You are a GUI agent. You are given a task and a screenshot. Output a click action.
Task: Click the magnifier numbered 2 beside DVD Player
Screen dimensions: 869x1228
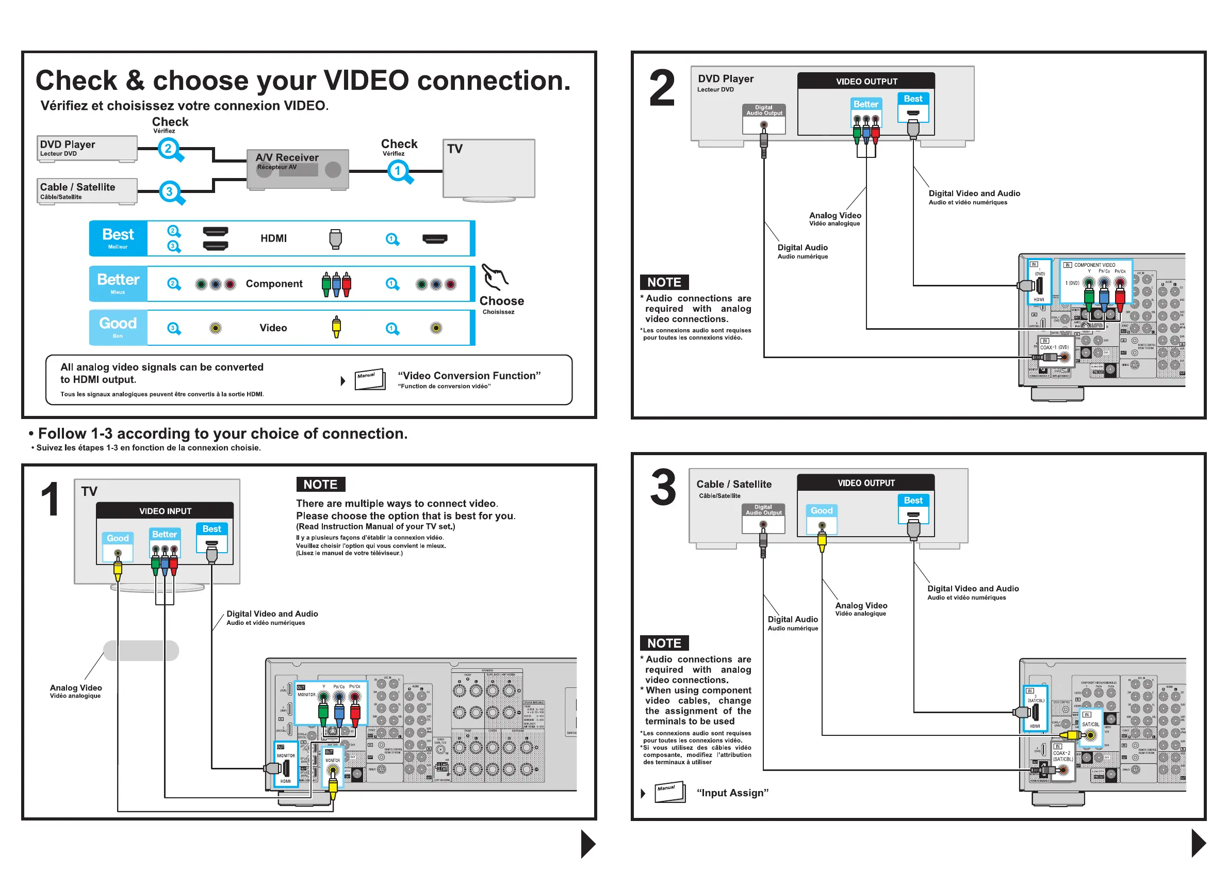coord(169,149)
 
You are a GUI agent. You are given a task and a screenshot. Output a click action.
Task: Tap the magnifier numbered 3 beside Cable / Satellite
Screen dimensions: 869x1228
coord(170,192)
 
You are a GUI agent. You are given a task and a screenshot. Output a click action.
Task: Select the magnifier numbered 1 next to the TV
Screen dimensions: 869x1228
coord(399,171)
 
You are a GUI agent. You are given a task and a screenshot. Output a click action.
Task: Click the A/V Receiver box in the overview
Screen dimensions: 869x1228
coord(298,169)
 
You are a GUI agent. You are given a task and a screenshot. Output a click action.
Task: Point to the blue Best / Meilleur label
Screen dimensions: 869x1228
coord(118,238)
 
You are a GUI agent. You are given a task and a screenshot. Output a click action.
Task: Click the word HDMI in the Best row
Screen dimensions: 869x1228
coord(273,238)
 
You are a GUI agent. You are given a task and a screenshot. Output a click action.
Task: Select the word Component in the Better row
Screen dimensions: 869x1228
coord(274,284)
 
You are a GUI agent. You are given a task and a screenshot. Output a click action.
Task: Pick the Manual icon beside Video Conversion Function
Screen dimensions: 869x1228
coord(370,379)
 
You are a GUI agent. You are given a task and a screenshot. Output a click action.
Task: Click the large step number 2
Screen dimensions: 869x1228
coord(662,88)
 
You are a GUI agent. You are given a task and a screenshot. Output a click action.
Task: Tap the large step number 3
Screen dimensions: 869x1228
coord(663,488)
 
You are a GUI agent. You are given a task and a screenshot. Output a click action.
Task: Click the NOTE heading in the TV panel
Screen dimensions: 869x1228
coord(320,484)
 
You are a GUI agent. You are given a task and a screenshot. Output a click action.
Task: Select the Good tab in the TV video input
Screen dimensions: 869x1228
coord(118,538)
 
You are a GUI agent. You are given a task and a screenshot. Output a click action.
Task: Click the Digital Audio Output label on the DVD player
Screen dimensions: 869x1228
coord(764,110)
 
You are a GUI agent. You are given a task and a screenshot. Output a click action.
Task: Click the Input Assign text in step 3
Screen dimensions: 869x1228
coord(732,793)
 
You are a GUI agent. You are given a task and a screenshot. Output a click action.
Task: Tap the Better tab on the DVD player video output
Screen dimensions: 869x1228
coord(866,104)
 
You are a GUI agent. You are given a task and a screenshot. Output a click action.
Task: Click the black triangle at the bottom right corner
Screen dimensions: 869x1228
coord(1199,843)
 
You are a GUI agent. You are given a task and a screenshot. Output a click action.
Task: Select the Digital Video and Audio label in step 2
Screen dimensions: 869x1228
coord(974,194)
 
